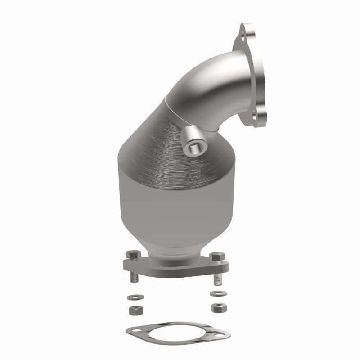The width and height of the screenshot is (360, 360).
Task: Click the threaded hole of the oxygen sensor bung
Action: (x=195, y=147)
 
